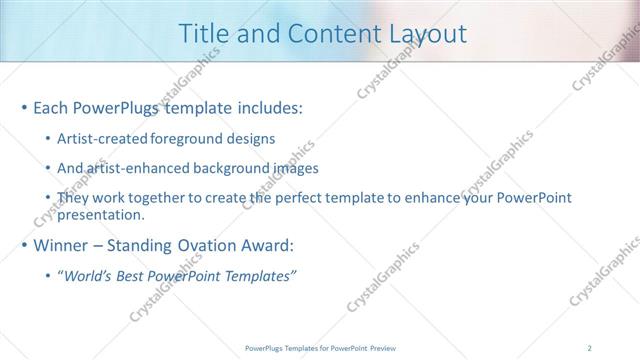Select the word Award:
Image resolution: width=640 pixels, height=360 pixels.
pos(273,245)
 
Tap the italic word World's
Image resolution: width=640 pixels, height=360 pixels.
pos(87,276)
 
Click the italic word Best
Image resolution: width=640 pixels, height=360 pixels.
pos(129,276)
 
